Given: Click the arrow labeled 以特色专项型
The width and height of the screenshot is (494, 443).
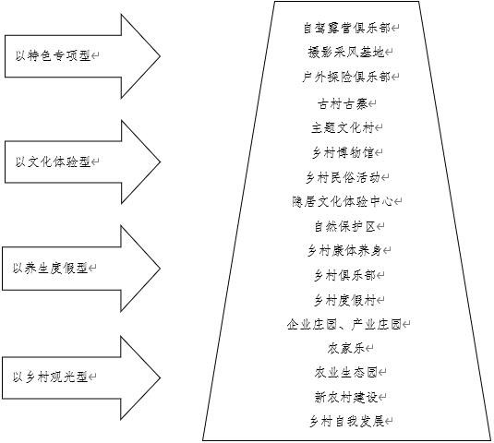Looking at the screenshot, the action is [x=82, y=56].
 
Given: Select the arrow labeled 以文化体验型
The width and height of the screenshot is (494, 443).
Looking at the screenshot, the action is [x=82, y=162].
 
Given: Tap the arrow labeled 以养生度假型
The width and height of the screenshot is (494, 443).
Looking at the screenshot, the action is [x=81, y=269].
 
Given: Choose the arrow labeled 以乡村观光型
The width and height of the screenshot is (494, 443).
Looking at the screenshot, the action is [x=81, y=377].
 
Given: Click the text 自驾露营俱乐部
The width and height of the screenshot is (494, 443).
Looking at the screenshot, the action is [x=346, y=28].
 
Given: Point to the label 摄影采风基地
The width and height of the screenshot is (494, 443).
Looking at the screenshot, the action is [x=346, y=52].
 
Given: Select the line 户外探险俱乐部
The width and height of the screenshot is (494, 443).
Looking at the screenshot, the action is [x=346, y=77].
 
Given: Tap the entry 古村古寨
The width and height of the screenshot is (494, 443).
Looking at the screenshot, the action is [x=343, y=103].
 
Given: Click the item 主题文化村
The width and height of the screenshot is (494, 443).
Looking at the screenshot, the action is [x=343, y=127].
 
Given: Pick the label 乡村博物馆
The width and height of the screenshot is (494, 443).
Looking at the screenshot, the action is [x=343, y=152].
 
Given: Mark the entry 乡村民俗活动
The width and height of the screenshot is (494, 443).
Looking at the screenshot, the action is [x=343, y=177].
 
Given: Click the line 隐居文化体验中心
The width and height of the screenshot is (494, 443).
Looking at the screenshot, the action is [x=343, y=201].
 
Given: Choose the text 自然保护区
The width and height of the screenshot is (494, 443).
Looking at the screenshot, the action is [x=345, y=226].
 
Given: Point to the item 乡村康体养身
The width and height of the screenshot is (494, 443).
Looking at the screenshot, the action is [x=344, y=251].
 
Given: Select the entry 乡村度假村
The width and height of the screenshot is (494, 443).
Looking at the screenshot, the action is [x=345, y=300].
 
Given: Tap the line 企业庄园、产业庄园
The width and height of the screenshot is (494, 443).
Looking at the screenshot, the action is [x=344, y=324].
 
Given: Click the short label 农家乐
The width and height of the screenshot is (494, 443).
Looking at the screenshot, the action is [x=346, y=348].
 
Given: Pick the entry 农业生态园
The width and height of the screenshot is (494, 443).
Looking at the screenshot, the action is [x=346, y=373].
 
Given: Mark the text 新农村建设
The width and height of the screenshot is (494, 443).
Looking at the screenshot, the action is [x=346, y=397].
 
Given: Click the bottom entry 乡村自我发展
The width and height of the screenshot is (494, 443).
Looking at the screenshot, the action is [x=346, y=421].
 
